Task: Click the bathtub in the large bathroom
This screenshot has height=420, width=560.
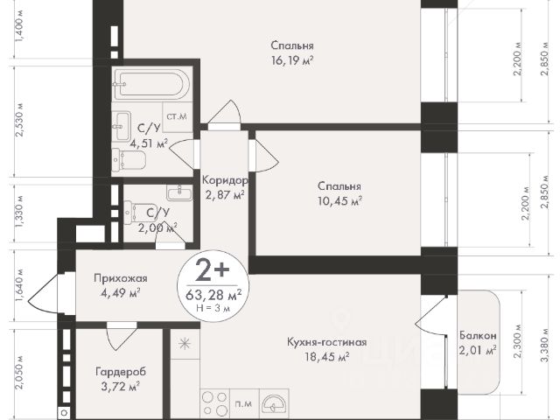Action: [150, 84]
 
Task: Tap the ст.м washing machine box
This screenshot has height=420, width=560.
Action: [178, 116]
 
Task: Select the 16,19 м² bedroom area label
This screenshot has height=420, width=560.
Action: [292, 60]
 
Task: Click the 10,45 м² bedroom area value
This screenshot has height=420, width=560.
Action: [340, 201]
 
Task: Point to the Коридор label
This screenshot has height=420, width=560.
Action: [225, 180]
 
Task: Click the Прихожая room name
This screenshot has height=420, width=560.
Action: [121, 278]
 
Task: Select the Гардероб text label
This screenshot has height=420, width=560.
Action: [121, 372]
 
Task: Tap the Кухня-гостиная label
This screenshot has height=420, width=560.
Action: [326, 342]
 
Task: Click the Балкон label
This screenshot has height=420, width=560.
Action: [478, 335]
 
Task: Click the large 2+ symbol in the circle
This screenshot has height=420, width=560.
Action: [213, 270]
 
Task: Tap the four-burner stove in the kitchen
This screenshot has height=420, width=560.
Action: [215, 403]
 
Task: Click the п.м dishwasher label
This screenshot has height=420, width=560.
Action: [243, 404]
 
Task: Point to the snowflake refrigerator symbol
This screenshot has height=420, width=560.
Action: [185, 344]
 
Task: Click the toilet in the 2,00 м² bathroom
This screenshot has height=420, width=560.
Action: [134, 213]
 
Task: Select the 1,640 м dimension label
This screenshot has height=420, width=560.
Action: [20, 285]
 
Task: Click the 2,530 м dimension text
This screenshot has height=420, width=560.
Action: [20, 120]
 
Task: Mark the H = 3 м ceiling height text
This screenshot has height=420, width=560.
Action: [213, 307]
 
